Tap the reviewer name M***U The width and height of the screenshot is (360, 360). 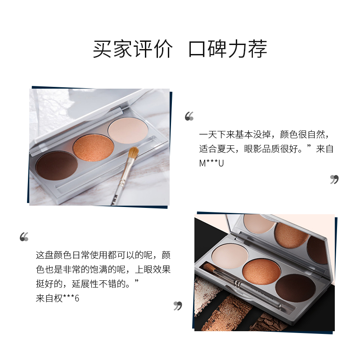(211, 163)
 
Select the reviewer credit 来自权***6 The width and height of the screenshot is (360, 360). (57, 298)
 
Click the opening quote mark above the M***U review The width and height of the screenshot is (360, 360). (189, 117)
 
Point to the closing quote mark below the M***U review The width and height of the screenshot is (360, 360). (334, 180)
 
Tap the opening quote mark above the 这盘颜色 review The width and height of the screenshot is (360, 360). (24, 237)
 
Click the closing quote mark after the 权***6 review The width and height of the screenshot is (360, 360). (178, 306)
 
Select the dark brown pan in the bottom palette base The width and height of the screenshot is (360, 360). (296, 288)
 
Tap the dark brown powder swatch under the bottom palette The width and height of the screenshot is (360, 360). (270, 322)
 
